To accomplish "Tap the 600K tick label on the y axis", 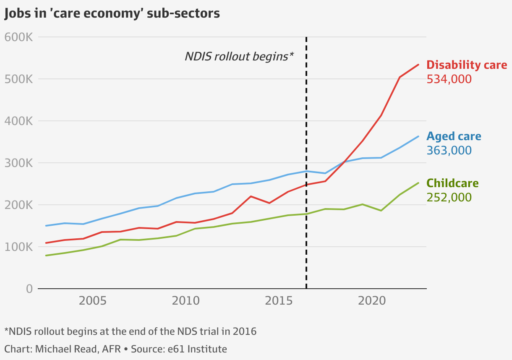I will coord(18,37).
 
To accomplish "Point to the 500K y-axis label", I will coord(18,79).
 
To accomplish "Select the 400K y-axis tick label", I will coord(18,121).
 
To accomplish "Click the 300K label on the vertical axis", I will coord(18,163).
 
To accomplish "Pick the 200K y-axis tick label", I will coord(18,205).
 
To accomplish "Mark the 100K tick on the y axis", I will coord(18,247).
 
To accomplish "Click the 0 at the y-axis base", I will coord(29,289).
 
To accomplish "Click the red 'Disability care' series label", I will coord(467,65).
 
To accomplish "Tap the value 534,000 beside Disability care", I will coord(449,79).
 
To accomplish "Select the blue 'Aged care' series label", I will coord(454,136).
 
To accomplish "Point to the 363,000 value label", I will coord(449,150).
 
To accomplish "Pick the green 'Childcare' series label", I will coord(452,183).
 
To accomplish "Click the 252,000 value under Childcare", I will coord(449,197).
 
